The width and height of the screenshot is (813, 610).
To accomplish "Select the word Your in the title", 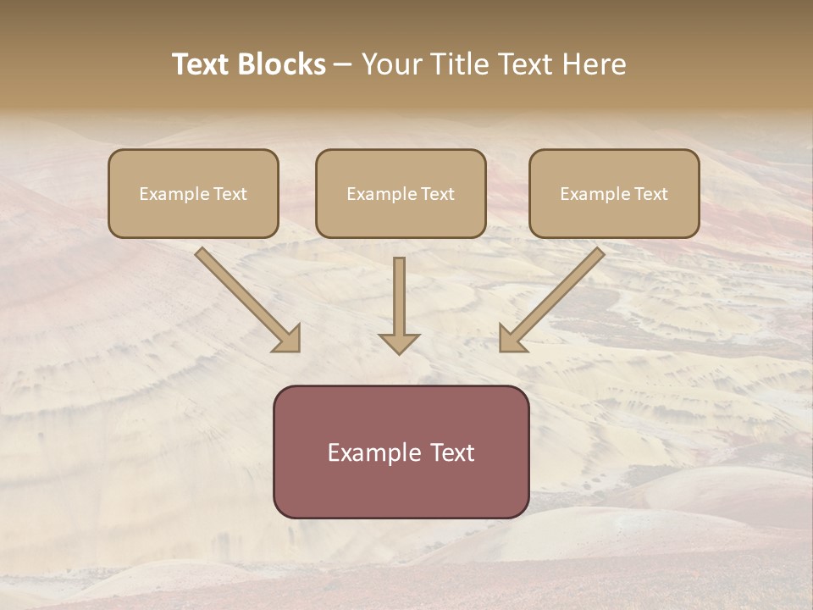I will click(x=392, y=64).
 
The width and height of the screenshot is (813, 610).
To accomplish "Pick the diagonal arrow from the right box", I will click(x=551, y=300).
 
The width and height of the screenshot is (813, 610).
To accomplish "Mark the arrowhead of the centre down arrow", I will click(x=399, y=343).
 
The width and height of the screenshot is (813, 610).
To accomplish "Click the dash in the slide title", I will click(x=343, y=64).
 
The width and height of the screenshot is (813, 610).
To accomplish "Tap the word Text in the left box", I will click(x=230, y=194).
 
